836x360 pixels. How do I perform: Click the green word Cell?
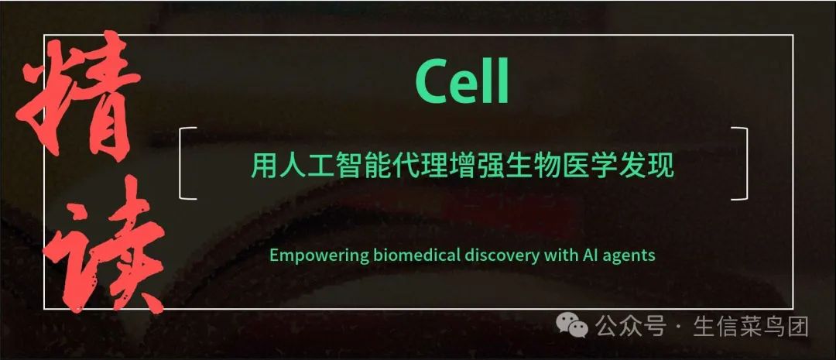461,82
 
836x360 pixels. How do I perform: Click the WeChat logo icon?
572,325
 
